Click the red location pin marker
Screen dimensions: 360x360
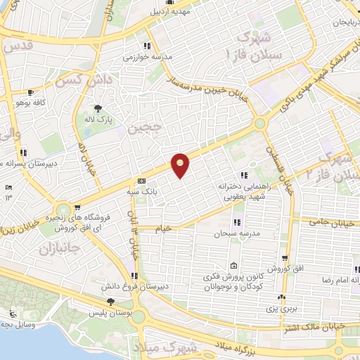click(181, 165)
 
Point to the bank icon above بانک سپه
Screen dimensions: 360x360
click(142, 180)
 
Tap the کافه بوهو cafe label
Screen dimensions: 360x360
click(51, 102)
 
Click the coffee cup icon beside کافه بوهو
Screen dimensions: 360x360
click(30, 92)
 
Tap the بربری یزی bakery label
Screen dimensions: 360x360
click(286, 308)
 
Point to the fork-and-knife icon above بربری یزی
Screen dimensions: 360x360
click(281, 297)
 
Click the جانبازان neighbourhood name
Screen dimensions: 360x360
click(60, 247)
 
